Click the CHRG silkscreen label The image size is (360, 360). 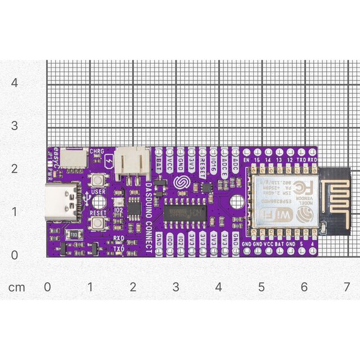click(x=97, y=151)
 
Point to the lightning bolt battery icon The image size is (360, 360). click(x=107, y=163)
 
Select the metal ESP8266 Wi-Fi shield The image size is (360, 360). click(x=280, y=201)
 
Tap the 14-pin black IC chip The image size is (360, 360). click(x=186, y=213)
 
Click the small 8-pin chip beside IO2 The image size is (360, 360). click(x=134, y=208)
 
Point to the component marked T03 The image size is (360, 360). click(x=73, y=233)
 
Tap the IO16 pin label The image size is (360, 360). click(x=214, y=165)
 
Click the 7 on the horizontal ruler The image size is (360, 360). click(x=347, y=287)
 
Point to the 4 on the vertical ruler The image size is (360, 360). click(x=15, y=82)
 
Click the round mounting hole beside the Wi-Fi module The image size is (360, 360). click(x=236, y=201)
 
